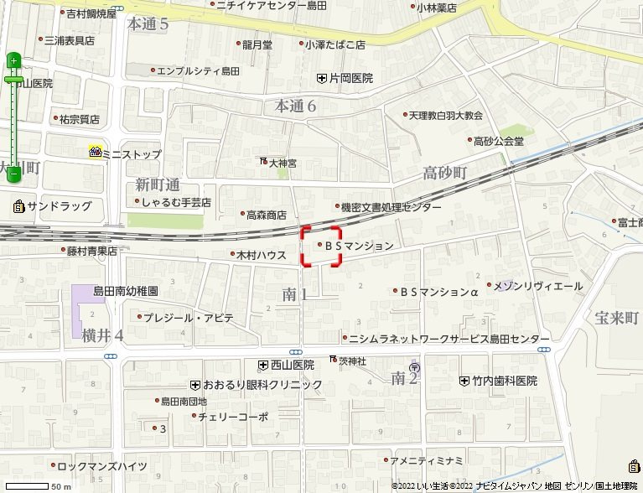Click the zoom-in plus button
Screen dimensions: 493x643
click(13, 60)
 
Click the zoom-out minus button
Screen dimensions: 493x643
click(13, 176)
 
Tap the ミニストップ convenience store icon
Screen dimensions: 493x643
click(95, 153)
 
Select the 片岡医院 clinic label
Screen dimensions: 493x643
click(350, 79)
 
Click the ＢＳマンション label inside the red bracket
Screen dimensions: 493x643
click(358, 246)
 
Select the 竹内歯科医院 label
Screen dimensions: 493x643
click(504, 381)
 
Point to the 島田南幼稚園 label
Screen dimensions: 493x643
click(125, 292)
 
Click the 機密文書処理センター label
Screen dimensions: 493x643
click(390, 207)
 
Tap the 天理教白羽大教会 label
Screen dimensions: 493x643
click(446, 115)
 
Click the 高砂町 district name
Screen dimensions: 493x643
click(444, 173)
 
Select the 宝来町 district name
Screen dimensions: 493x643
click(616, 318)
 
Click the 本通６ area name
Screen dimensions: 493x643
click(296, 106)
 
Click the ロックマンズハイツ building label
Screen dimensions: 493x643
click(107, 465)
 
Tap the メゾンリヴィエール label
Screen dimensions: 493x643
click(549, 286)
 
